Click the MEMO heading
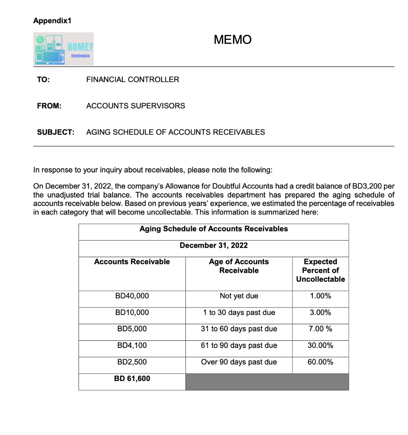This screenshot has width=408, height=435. coord(233,40)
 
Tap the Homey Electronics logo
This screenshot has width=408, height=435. coord(64,49)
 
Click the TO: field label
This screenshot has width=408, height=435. coord(43,79)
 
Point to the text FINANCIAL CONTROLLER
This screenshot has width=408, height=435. coord(132,79)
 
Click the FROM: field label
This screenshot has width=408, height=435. coord(49,106)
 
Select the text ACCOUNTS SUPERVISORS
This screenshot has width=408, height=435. coord(135,106)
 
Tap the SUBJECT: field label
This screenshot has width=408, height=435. coord(56,132)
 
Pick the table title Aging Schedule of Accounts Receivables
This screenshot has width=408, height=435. coord(214,229)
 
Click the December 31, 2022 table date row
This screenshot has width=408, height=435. coord(214,246)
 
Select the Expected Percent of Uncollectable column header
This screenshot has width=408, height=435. coord(321,271)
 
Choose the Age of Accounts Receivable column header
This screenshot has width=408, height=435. coord(239,266)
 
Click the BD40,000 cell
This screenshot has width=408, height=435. coord(132,296)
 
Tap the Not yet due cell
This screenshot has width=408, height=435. coord(239,296)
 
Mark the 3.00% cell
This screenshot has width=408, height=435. coord(321,313)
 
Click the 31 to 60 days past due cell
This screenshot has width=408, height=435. coord(239,329)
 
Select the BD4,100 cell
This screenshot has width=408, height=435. coord(132,346)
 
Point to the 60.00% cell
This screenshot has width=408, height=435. coord(321,362)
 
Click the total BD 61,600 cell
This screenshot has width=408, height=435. coord(132,379)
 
